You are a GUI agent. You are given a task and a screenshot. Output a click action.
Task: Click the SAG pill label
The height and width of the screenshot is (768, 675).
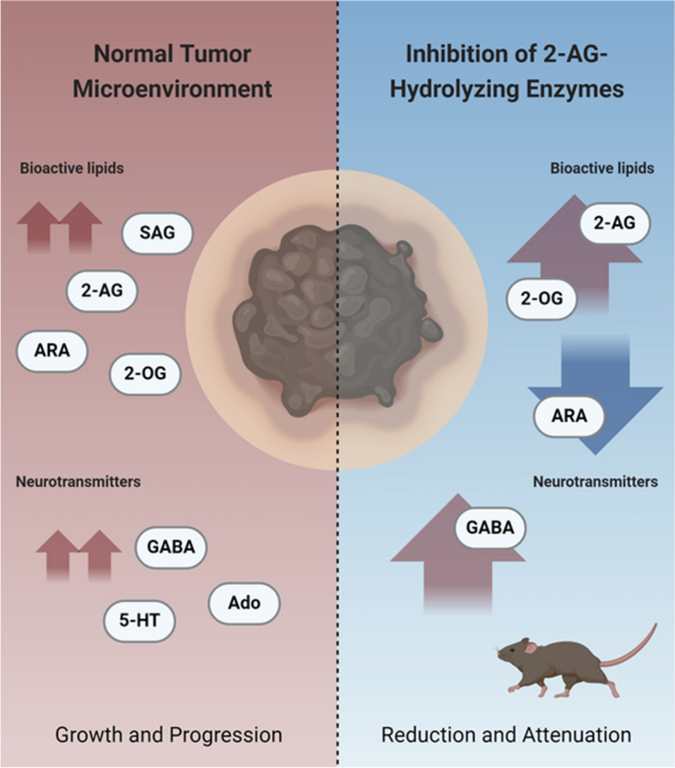pyautogui.click(x=157, y=233)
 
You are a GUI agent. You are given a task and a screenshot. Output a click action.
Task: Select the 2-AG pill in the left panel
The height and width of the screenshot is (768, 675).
pyautogui.click(x=102, y=291)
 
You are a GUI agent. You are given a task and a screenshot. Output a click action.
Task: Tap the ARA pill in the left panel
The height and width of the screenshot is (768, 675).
pyautogui.click(x=52, y=351)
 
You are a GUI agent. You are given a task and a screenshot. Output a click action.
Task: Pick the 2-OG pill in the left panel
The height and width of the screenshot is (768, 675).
pyautogui.click(x=145, y=374)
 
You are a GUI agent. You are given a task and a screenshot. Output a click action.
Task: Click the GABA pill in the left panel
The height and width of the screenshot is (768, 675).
pyautogui.click(x=171, y=547)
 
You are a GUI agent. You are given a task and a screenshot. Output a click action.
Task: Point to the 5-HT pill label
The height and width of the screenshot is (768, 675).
pyautogui.click(x=139, y=620)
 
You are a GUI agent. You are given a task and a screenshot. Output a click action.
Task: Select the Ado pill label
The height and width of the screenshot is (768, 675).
pyautogui.click(x=244, y=603)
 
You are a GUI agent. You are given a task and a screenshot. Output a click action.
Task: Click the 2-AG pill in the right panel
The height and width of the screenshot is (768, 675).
pyautogui.click(x=615, y=223)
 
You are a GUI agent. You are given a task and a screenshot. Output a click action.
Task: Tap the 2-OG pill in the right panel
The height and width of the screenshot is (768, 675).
pyautogui.click(x=541, y=299)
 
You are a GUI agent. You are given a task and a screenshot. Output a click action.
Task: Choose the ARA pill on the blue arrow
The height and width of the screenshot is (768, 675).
pyautogui.click(x=569, y=417)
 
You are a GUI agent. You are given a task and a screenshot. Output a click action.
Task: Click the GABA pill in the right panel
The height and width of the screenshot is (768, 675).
pyautogui.click(x=490, y=527)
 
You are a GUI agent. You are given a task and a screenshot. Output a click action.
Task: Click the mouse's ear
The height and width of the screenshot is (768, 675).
pyautogui.click(x=531, y=648)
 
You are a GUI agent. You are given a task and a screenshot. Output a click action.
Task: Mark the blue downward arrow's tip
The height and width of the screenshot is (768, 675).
pyautogui.click(x=596, y=454)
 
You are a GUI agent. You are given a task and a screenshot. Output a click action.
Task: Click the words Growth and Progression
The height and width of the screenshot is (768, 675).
pyautogui.click(x=168, y=734)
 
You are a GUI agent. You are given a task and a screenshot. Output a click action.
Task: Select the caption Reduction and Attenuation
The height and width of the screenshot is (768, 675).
pyautogui.click(x=506, y=734)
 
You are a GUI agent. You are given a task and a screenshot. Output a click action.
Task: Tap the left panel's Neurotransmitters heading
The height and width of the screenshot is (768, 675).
pyautogui.click(x=78, y=481)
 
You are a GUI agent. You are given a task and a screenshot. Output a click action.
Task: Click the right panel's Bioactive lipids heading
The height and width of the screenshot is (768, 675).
pyautogui.click(x=602, y=168)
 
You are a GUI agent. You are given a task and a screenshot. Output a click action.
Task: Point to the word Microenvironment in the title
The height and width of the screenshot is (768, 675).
pyautogui.click(x=173, y=89)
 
